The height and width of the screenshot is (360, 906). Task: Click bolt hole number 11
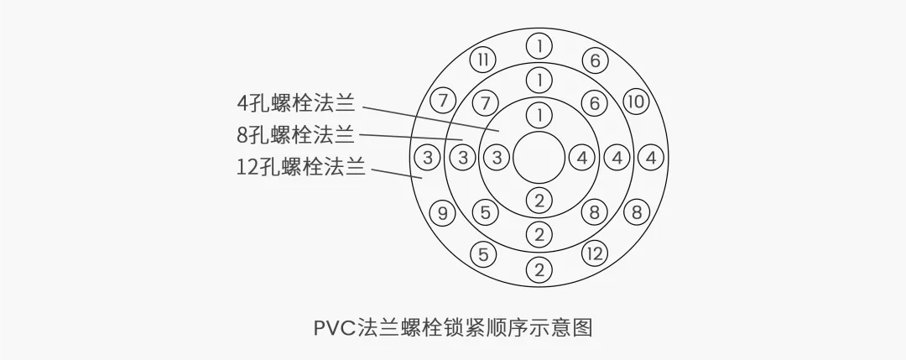[482, 60]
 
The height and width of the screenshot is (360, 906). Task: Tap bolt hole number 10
[637, 102]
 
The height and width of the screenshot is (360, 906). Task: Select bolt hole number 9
[442, 212]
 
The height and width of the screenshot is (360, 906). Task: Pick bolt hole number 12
[595, 253]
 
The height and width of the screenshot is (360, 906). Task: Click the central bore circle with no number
[539, 157]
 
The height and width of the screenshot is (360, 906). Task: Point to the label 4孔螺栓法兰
[295, 104]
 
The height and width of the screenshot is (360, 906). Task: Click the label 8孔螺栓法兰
[295, 134]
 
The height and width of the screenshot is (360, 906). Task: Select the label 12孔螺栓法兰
[301, 165]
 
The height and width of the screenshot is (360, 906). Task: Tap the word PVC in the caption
[334, 327]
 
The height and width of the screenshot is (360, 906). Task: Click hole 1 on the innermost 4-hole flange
[539, 113]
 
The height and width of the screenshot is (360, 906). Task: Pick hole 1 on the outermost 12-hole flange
[539, 44]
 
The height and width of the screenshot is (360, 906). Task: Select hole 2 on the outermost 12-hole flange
[539, 270]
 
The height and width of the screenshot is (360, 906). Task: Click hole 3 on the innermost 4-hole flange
[497, 157]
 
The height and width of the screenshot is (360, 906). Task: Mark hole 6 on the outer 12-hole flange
[595, 60]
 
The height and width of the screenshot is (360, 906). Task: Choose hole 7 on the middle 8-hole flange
[485, 104]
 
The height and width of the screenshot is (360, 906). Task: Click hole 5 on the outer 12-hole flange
[482, 253]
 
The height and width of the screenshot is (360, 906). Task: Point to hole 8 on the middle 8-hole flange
[595, 212]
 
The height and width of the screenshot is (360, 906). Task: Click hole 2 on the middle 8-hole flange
[539, 234]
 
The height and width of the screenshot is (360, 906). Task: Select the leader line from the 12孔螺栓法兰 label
[396, 172]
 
